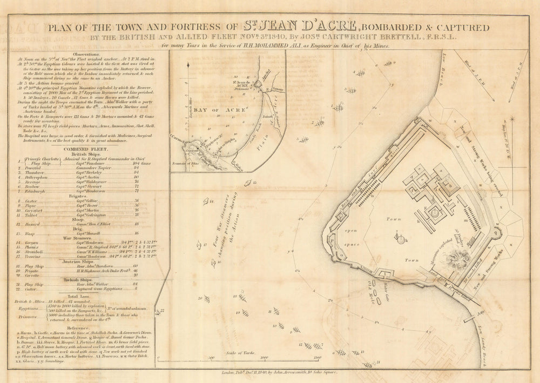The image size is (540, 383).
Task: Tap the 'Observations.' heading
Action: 80,55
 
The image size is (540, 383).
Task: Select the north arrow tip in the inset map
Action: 188,65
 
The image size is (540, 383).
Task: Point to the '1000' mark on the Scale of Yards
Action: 264,358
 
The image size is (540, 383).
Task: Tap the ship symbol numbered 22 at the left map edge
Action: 160,312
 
